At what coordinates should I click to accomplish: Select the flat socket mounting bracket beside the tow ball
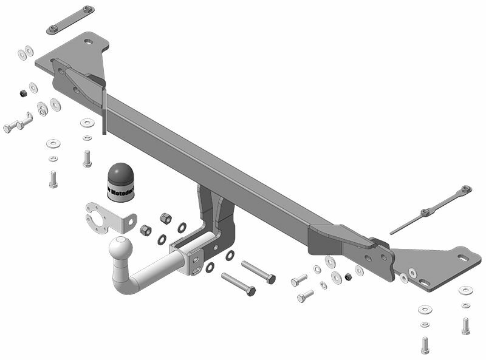tap(109, 217)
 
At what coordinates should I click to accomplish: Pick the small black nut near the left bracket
tap(22, 92)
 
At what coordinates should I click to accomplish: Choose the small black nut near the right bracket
tap(348, 277)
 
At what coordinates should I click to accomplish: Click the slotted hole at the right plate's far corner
tap(464, 258)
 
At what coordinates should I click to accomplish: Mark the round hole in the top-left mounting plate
tap(89, 42)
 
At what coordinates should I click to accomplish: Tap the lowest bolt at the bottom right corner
tap(425, 345)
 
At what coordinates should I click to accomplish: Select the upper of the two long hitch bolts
tap(259, 271)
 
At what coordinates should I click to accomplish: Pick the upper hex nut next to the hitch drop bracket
tap(165, 217)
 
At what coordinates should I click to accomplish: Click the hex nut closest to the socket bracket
tap(146, 230)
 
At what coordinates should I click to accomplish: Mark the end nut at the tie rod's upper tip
tap(466, 190)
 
